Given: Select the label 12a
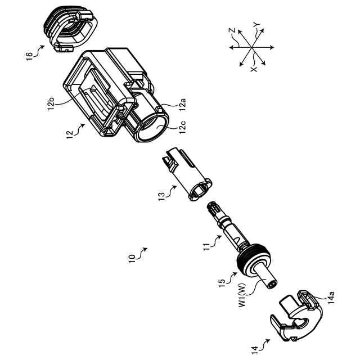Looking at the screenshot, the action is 182,103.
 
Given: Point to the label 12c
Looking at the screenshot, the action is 182,128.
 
